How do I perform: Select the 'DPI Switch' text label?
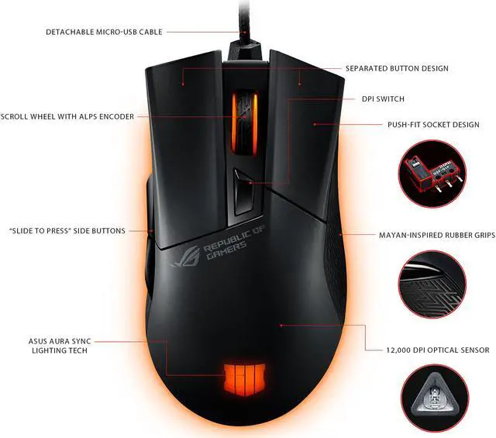[x=383, y=99]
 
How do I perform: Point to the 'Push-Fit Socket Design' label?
[x=433, y=124]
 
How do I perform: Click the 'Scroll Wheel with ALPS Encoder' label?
[x=67, y=117]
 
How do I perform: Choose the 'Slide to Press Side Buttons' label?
[x=67, y=231]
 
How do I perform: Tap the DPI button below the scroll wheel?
[x=244, y=191]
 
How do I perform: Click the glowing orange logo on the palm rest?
[x=244, y=378]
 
